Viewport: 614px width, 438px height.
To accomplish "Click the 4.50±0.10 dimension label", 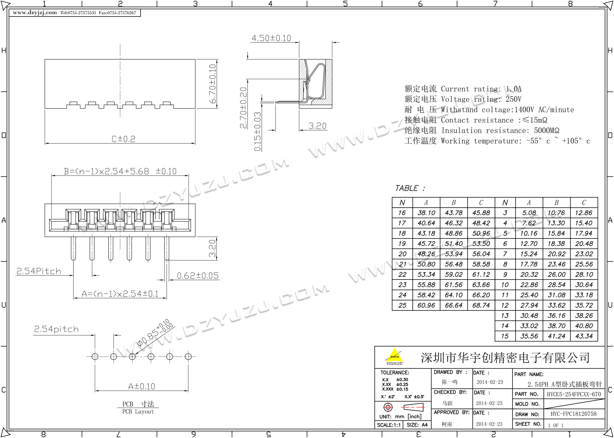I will pyautogui.click(x=271, y=38).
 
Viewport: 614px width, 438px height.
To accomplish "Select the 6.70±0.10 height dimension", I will pyautogui.click(x=213, y=84).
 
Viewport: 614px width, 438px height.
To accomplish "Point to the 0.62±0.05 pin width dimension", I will pyautogui.click(x=198, y=276).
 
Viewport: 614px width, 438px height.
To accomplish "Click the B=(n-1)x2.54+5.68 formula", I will pyautogui.click(x=120, y=171).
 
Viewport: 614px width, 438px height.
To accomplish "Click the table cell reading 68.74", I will pyautogui.click(x=481, y=305).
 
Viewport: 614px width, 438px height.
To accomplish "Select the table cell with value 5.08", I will pyautogui.click(x=529, y=213).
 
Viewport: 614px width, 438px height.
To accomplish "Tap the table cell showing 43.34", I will pyautogui.click(x=584, y=336).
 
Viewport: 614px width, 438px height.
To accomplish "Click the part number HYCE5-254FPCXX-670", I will pyautogui.click(x=574, y=394).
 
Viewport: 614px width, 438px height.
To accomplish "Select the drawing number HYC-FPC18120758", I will pyautogui.click(x=574, y=414).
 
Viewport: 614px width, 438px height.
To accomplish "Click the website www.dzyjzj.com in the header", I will pyautogui.click(x=35, y=13).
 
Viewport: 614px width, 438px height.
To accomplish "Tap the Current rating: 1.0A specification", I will pyautogui.click(x=481, y=89).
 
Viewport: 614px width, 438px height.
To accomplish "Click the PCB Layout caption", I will pyautogui.click(x=138, y=412).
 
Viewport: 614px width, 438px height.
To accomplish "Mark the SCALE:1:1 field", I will pyautogui.click(x=389, y=425).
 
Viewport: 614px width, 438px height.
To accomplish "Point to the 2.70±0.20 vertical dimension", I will pyautogui.click(x=243, y=108).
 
